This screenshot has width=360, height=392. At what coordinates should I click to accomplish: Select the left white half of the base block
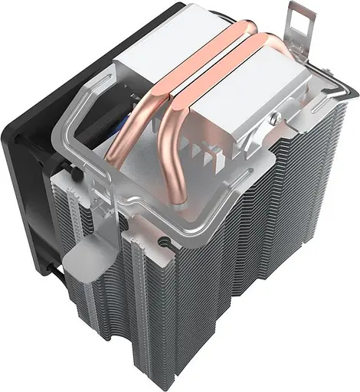tap(153, 57)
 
